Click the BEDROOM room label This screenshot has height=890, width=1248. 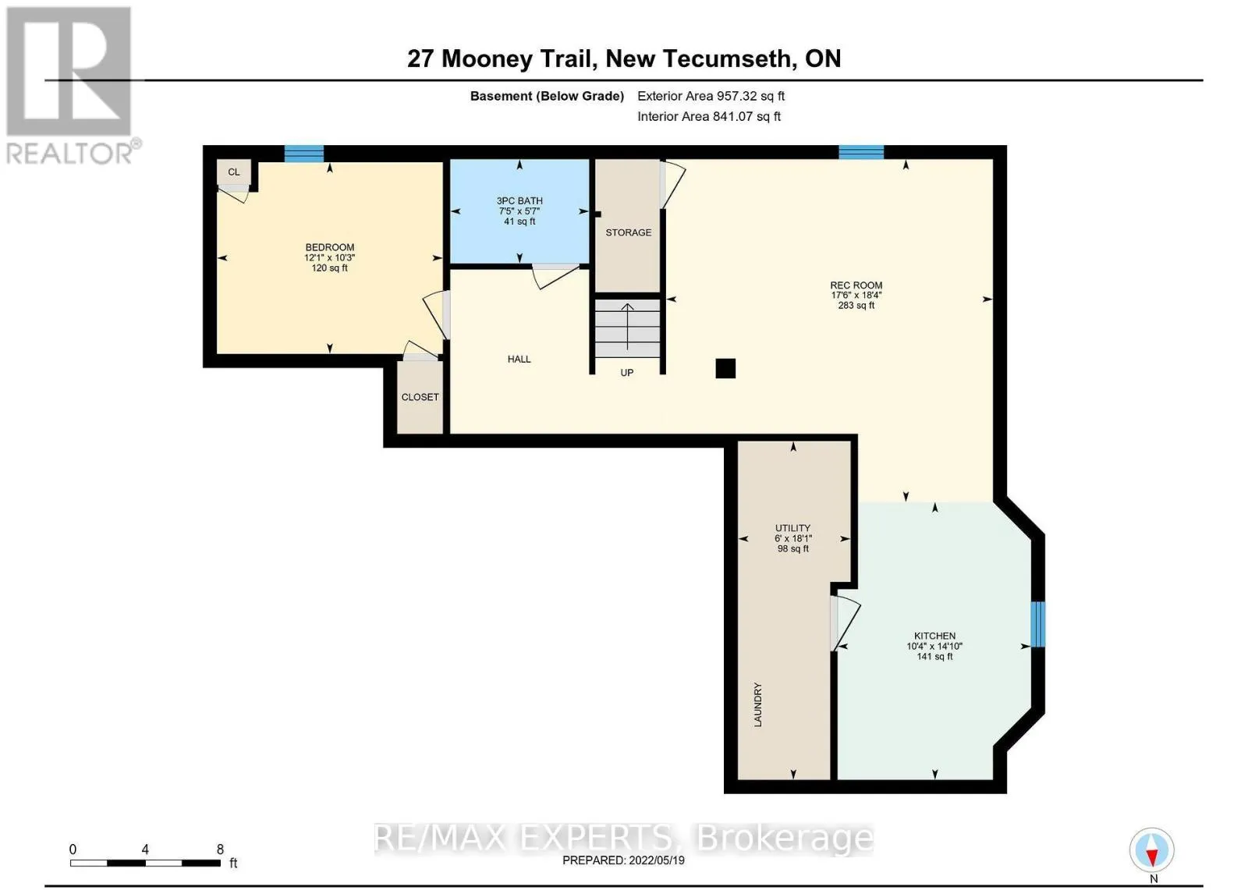pyautogui.click(x=329, y=247)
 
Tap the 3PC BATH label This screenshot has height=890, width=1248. pyautogui.click(x=519, y=200)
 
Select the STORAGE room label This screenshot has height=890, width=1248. pyautogui.click(x=628, y=232)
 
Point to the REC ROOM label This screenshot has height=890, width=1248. pyautogui.click(x=856, y=285)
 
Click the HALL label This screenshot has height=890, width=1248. pyautogui.click(x=519, y=360)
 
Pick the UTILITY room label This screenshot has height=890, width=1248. pyautogui.click(x=792, y=528)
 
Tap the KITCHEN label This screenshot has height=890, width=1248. pyautogui.click(x=934, y=636)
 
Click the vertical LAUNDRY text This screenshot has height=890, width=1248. pyautogui.click(x=757, y=704)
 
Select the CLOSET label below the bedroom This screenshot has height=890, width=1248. pyautogui.click(x=420, y=397)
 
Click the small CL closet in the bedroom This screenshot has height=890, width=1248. pyautogui.click(x=234, y=172)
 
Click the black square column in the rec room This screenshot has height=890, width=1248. pyautogui.click(x=725, y=368)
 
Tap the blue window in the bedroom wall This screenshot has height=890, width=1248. pyautogui.click(x=303, y=153)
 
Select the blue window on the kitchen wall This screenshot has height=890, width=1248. pyautogui.click(x=1037, y=624)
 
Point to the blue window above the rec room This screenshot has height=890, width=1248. pyautogui.click(x=861, y=151)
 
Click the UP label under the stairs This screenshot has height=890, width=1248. pyautogui.click(x=627, y=373)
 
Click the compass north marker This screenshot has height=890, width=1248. pyautogui.click(x=1151, y=850)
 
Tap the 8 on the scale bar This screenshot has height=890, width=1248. pyautogui.click(x=220, y=849)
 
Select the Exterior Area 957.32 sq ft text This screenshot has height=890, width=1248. pyautogui.click(x=711, y=96)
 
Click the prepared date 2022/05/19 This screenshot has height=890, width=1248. pyautogui.click(x=657, y=860)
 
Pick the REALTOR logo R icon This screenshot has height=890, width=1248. pyautogui.click(x=69, y=71)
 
